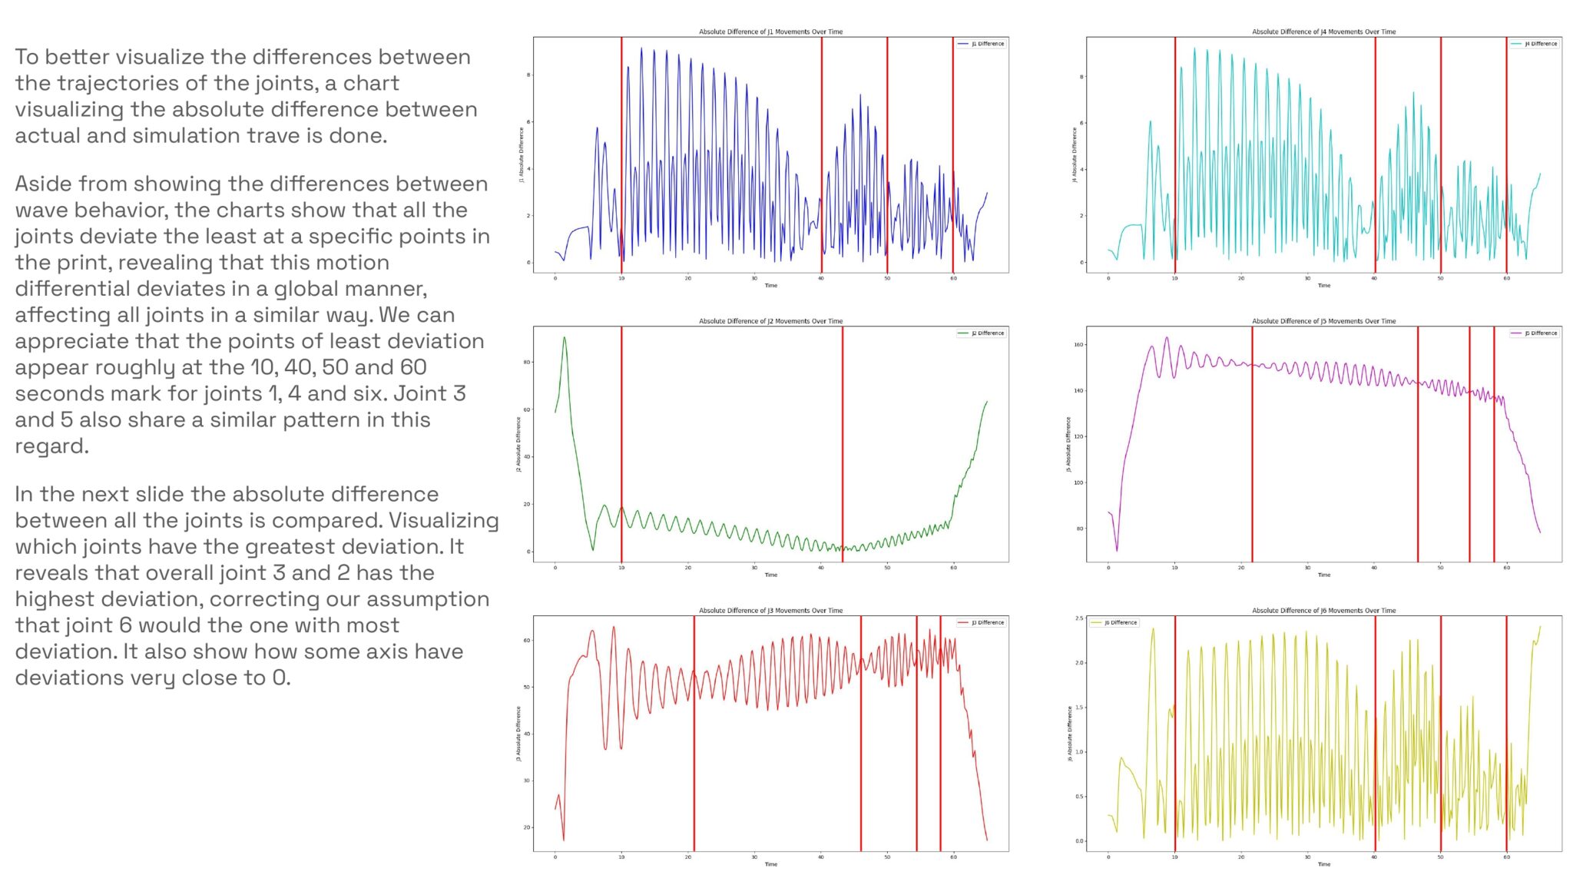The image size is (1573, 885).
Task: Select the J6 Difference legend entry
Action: [x=1120, y=623]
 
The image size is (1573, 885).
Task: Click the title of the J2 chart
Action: [x=770, y=321]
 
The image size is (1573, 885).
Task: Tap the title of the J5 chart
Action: [x=1323, y=321]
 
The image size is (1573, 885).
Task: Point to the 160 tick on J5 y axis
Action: [x=1078, y=345]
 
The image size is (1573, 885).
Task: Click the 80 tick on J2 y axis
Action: [x=527, y=362]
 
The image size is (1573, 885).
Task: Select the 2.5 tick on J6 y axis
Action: [x=1079, y=618]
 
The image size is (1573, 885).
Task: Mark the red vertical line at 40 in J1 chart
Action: [x=821, y=154]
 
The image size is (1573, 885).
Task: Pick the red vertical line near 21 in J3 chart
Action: [x=694, y=730]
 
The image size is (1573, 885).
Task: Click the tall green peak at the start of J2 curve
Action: [x=565, y=339]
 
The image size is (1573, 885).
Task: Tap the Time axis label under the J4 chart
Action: [x=1324, y=286]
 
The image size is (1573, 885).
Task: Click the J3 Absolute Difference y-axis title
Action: [x=518, y=734]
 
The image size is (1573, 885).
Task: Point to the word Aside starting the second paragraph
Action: [x=43, y=184]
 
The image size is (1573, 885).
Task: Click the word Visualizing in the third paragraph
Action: [x=443, y=521]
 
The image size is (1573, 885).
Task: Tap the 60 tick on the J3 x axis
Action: [x=953, y=857]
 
